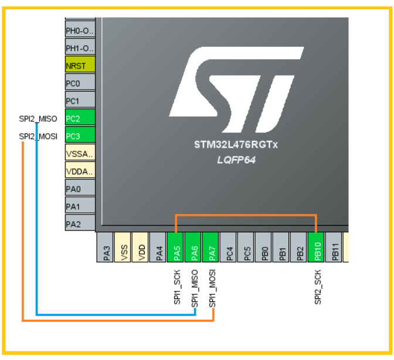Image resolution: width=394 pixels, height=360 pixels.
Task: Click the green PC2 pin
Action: point(80,117)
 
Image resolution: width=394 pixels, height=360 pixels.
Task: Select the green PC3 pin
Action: point(80,135)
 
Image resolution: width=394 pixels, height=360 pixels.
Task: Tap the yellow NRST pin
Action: point(80,64)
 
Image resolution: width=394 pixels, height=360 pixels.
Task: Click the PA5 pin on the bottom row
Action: point(175,247)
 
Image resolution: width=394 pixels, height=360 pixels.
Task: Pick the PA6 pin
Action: point(193,247)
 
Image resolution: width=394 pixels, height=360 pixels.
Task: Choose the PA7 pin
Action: point(210,247)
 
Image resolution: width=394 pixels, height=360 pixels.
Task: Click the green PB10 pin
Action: point(316,247)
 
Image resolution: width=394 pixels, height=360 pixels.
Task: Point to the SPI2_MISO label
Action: point(38,119)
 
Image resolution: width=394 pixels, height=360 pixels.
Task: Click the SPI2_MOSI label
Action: point(38,137)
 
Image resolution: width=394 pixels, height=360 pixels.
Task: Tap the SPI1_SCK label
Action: point(177,287)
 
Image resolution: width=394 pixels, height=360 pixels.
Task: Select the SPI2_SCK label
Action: point(318,287)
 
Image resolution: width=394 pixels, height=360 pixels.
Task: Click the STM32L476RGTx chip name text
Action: point(236,145)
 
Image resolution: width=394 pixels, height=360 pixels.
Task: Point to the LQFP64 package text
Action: point(236,160)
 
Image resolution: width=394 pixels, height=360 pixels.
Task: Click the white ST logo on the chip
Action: point(236,90)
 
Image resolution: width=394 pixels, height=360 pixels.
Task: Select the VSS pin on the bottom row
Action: point(123,247)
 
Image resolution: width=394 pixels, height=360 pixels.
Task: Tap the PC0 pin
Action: point(80,82)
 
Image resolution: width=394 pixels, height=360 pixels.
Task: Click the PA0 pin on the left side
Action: point(80,188)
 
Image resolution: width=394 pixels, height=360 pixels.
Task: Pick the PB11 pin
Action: point(334,247)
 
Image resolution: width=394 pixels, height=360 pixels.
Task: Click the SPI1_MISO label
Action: point(195,288)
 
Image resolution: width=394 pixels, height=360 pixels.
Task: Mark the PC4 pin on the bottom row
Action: point(228,247)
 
